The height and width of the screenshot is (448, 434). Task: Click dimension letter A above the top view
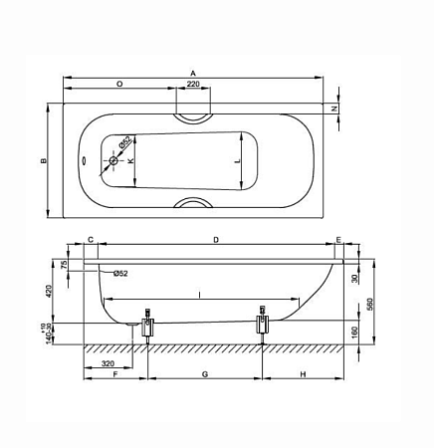(192, 72)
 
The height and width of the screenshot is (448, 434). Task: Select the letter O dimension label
(119, 85)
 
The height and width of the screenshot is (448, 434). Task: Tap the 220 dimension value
(192, 86)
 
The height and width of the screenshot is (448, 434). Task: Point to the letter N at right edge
(335, 108)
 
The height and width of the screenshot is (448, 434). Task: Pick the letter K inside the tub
(130, 160)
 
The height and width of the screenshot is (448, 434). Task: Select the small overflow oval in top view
(84, 160)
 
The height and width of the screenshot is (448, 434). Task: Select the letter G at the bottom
(204, 375)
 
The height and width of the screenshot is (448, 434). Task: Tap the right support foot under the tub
(263, 325)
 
